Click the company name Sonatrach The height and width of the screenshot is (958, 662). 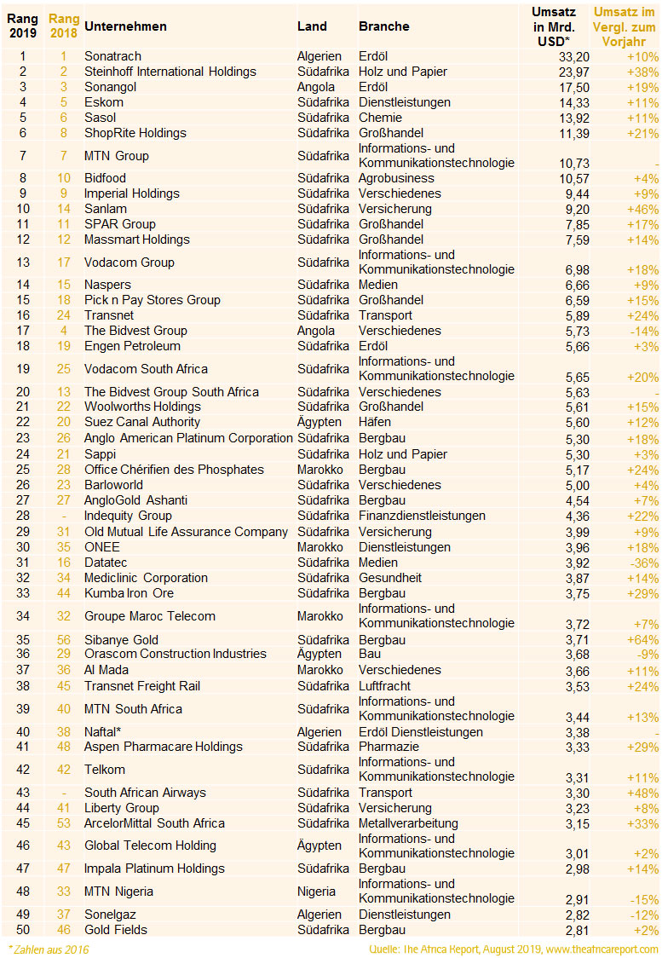[x=112, y=56]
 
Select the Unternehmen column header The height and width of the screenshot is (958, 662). [x=125, y=26]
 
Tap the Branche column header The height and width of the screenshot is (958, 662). [x=383, y=26]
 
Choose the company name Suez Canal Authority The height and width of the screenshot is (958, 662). [x=141, y=423]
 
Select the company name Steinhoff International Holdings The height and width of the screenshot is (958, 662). [x=170, y=72]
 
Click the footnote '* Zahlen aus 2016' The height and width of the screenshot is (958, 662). [x=48, y=949]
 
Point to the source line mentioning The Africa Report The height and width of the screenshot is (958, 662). [x=513, y=949]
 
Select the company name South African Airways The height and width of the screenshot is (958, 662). [x=145, y=793]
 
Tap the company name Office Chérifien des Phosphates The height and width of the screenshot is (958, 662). [x=174, y=470]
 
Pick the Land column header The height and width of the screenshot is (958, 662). [x=312, y=26]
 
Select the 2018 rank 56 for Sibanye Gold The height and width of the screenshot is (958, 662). [x=63, y=639]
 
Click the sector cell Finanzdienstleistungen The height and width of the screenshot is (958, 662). [x=422, y=516]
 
